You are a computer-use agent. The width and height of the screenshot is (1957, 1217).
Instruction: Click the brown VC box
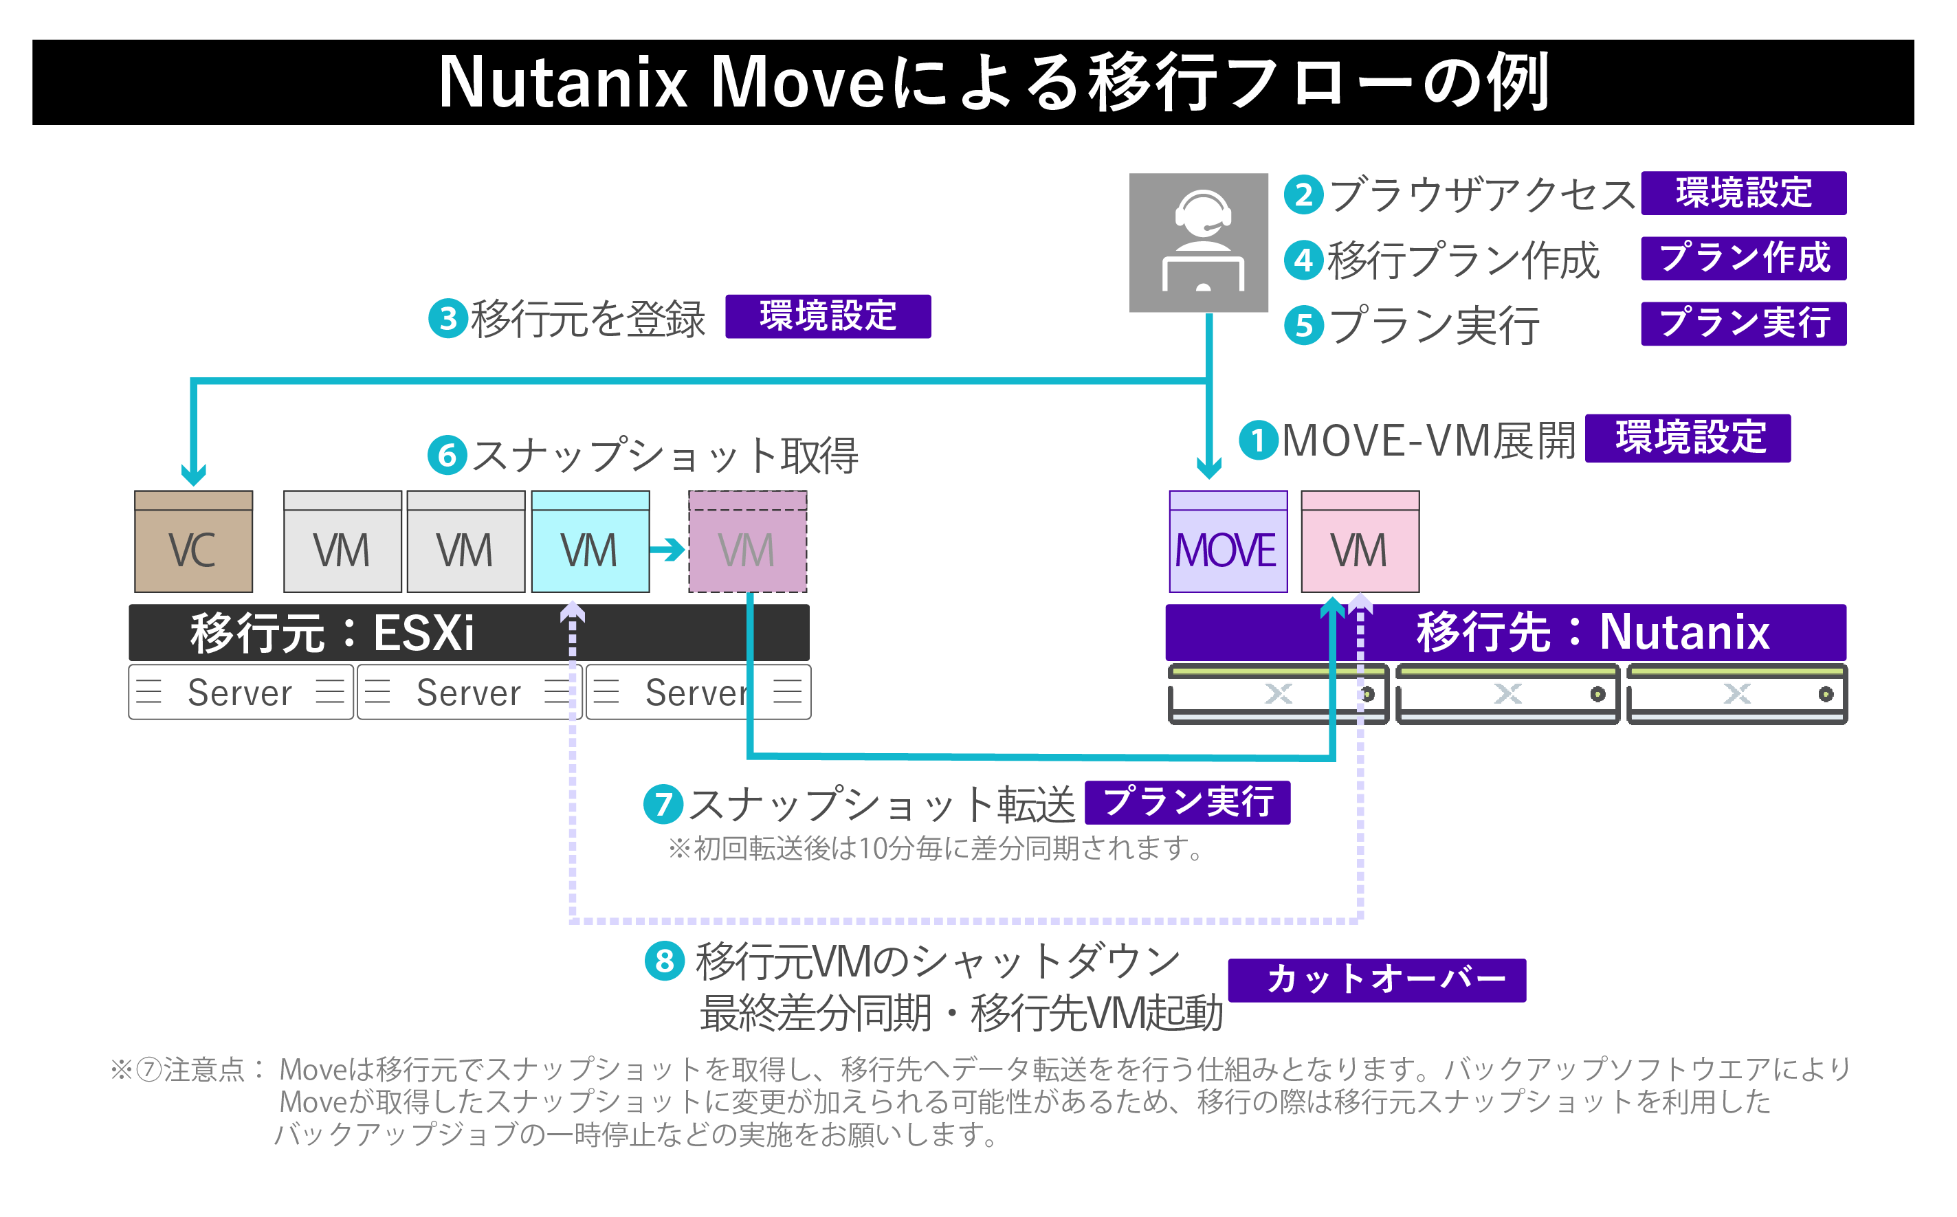193,541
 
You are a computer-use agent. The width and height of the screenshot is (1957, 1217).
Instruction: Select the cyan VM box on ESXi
590,541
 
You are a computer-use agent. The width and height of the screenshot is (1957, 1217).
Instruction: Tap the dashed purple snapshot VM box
747,541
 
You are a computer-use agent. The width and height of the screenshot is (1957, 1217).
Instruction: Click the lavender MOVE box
1228,541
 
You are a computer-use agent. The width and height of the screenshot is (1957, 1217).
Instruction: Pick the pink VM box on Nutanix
1360,541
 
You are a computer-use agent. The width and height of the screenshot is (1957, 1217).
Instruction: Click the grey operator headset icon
1198,243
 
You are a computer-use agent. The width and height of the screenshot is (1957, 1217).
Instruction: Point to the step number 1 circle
1257,440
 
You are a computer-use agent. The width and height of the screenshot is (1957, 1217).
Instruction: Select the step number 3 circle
447,318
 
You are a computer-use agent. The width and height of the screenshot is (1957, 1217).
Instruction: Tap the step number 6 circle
447,455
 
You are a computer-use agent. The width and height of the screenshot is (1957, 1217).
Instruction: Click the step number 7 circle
663,803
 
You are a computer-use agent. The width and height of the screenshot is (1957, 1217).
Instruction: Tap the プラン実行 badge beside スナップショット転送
1186,803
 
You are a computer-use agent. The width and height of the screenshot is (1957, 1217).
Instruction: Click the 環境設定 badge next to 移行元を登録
828,316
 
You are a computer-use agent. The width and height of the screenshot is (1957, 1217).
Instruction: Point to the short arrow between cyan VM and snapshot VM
667,550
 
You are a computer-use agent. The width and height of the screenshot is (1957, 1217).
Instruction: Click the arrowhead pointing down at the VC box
193,474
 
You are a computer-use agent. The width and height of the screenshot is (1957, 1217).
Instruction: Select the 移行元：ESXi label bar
469,633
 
